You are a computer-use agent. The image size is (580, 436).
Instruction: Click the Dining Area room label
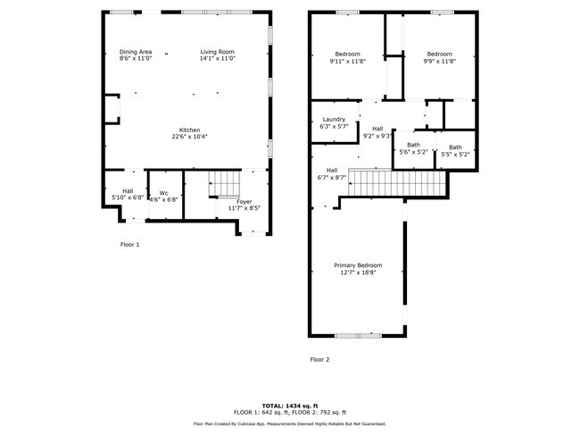pos(136,53)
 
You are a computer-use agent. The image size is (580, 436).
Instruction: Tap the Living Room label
pos(217,53)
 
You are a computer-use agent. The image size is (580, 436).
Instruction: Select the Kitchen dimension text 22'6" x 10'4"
pos(189,137)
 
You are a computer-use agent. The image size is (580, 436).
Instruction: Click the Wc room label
pos(163,192)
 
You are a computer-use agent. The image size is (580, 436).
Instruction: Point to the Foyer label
pos(244,201)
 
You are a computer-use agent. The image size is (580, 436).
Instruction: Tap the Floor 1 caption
pos(130,244)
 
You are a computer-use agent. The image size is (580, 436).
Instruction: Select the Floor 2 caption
pos(319,359)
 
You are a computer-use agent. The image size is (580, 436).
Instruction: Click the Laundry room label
pos(334,120)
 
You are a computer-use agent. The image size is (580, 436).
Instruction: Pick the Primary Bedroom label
pos(358,265)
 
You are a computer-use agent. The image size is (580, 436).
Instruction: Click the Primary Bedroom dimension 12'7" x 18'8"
pos(358,273)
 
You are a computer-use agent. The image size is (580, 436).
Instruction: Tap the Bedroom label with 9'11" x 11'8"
pos(346,54)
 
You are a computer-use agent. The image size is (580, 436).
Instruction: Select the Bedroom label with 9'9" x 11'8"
pos(439,54)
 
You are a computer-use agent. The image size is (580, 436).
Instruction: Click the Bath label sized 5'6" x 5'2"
pos(413,145)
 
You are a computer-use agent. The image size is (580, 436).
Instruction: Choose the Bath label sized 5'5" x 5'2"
pos(455,147)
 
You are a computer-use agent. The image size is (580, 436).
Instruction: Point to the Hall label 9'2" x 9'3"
pos(377,129)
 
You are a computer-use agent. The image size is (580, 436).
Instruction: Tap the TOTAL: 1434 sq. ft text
pos(289,405)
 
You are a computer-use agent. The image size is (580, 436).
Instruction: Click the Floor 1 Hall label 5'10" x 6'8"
pos(128,190)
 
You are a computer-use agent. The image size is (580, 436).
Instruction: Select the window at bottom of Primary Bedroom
pos(358,335)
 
